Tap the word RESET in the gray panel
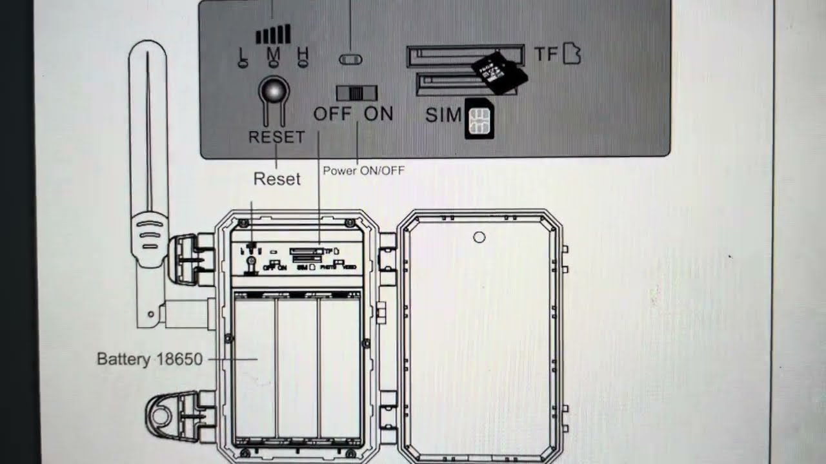pyautogui.click(x=276, y=137)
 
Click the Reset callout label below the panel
pyautogui.click(x=277, y=179)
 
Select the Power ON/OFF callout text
pyautogui.click(x=363, y=171)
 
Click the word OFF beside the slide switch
pyautogui.click(x=332, y=114)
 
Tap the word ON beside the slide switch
pyautogui.click(x=379, y=114)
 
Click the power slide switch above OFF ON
pyautogui.click(x=356, y=92)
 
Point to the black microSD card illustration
pyautogui.click(x=499, y=71)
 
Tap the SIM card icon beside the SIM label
pyautogui.click(x=479, y=120)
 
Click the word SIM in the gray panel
pyautogui.click(x=444, y=115)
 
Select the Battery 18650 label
pyautogui.click(x=150, y=359)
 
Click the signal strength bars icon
pyautogui.click(x=274, y=34)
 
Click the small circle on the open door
pyautogui.click(x=479, y=237)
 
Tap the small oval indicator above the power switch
pyautogui.click(x=350, y=59)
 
